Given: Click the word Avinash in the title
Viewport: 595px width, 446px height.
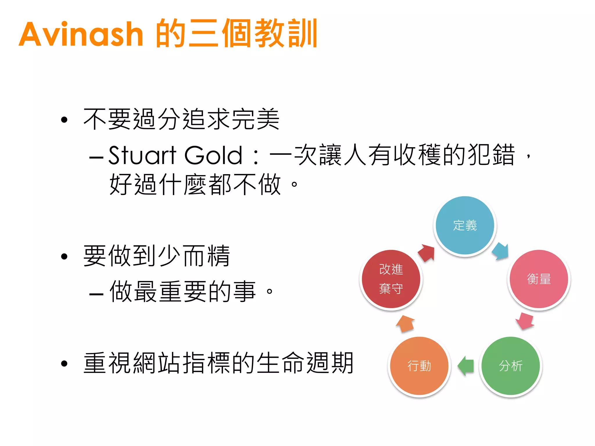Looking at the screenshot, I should point(81,34).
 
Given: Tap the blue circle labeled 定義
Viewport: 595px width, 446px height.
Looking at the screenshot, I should point(465,225).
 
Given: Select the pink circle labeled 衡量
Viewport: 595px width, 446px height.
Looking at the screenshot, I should point(539,279).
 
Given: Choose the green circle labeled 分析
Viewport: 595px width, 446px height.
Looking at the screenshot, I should point(510,366).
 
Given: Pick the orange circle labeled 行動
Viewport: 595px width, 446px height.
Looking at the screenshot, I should point(419,366).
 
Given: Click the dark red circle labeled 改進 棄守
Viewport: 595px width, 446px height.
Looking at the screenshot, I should point(391,279).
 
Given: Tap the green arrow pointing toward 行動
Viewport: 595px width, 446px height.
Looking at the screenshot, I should point(466,366).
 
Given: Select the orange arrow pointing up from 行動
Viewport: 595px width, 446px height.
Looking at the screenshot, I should point(405,323).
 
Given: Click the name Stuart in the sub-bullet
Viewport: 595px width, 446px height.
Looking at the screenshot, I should point(142,156).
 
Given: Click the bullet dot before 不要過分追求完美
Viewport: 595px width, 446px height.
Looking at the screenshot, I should point(64,120).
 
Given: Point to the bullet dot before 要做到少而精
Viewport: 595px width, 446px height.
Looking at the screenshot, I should point(64,256).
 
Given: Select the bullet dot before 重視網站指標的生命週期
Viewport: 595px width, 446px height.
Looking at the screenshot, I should point(64,364).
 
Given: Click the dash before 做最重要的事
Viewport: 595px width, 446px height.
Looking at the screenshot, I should point(96,294).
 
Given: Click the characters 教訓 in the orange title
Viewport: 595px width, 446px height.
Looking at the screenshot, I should point(286,33).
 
